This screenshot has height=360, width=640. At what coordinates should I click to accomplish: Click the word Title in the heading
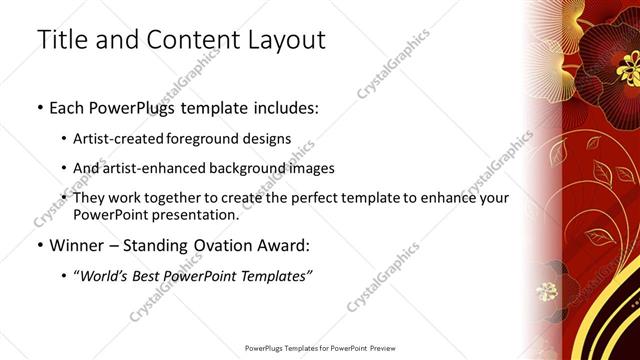pos(63,41)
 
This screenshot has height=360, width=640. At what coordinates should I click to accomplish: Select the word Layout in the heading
pos(287,41)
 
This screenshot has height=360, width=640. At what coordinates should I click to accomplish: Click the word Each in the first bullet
pos(67,107)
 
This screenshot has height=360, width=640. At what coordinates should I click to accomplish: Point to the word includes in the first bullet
pos(284,107)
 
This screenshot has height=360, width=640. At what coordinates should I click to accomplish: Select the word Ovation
pos(211,244)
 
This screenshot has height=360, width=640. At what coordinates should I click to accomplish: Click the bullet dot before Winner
pos(39,245)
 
